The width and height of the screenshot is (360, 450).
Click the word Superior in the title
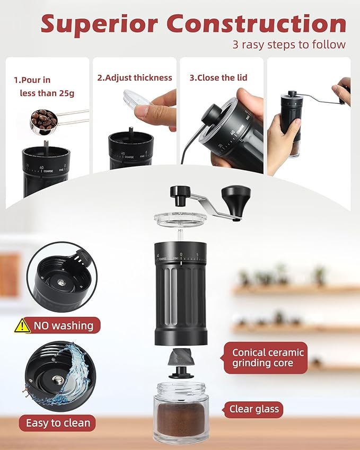99,24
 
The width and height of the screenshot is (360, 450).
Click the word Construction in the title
257,23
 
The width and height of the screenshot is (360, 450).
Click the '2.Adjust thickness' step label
134,78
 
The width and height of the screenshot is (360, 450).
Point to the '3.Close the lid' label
218,78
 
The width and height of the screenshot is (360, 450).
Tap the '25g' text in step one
67,93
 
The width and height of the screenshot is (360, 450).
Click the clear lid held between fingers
137,99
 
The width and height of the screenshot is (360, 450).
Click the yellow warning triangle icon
22,326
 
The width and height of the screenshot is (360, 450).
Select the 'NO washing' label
64,325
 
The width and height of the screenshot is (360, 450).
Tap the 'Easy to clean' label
58,423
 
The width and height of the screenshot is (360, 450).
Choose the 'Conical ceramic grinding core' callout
265,358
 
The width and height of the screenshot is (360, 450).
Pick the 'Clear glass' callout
254,409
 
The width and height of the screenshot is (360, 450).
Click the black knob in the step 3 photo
213,113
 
